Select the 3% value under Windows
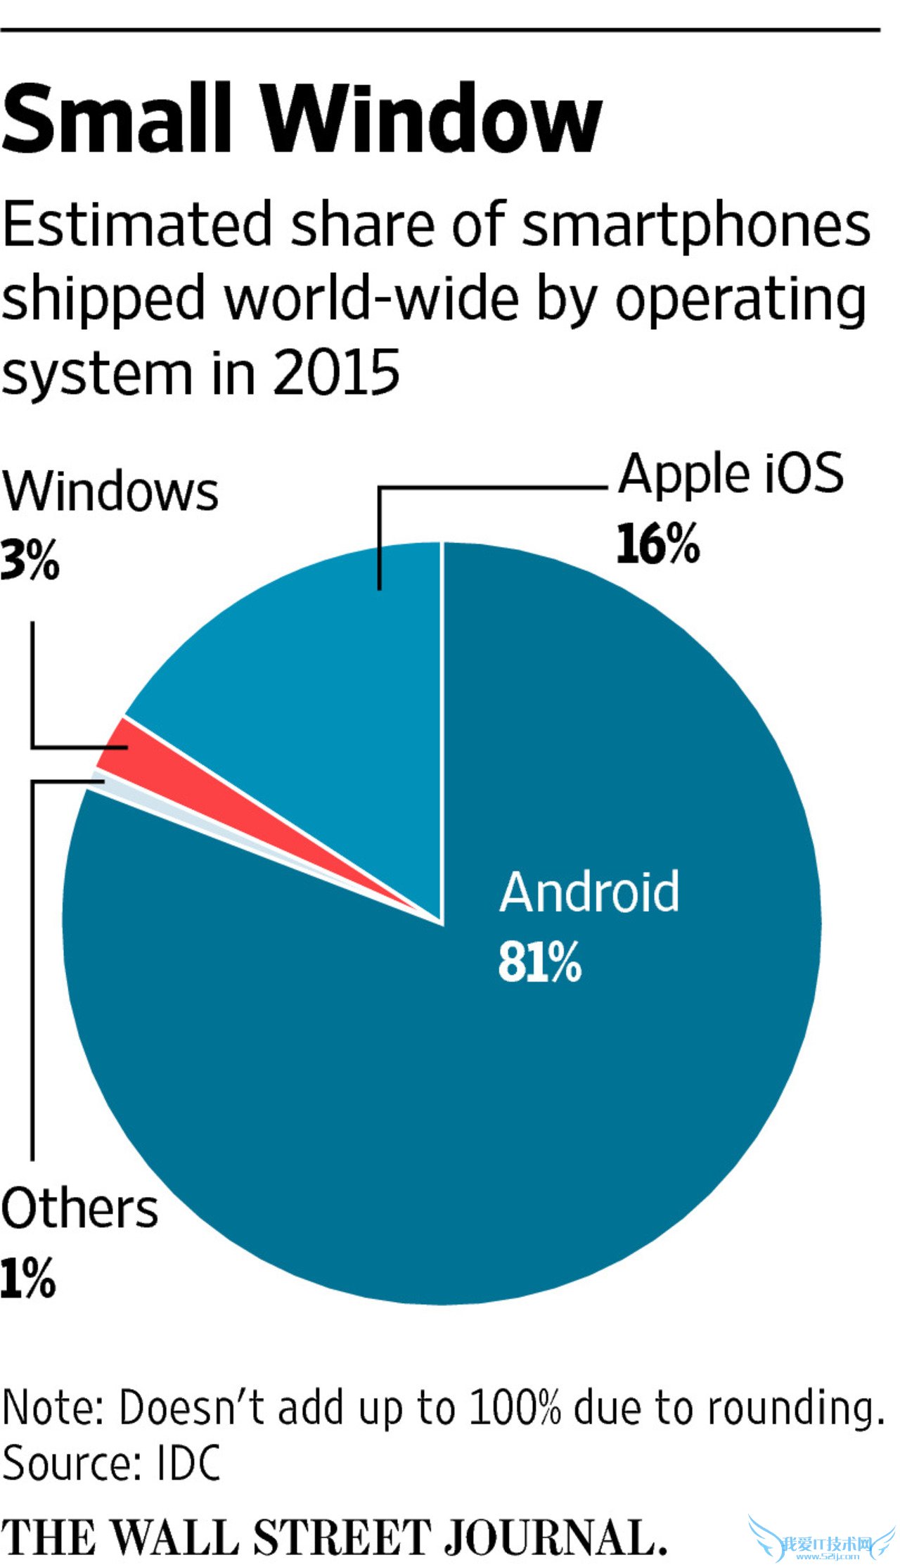tap(30, 561)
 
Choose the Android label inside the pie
tap(589, 892)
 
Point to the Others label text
tap(79, 1208)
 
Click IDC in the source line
tap(188, 1463)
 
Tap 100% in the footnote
tap(515, 1408)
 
